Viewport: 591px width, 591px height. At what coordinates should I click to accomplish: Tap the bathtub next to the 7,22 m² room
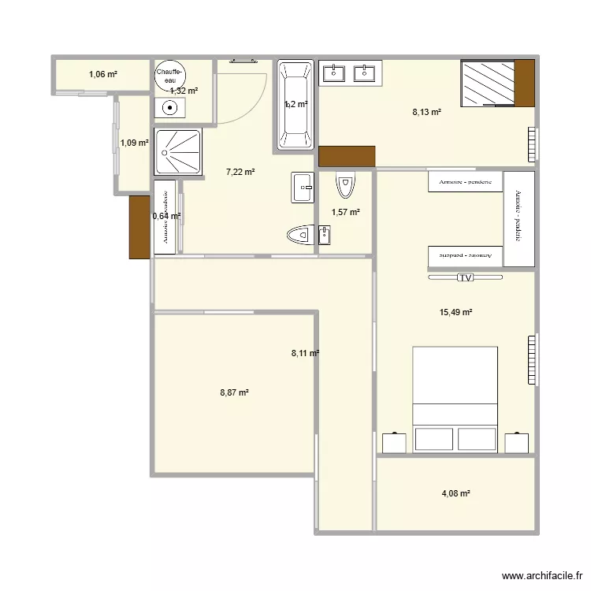coord(295,105)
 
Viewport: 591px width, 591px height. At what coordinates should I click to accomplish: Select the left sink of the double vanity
coord(333,74)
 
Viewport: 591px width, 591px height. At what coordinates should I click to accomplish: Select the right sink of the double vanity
coord(365,74)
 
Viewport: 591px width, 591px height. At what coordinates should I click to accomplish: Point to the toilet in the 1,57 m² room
coord(344,185)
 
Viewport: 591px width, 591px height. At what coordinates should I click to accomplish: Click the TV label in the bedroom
coord(465,277)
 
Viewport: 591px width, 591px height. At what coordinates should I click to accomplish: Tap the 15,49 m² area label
coord(455,312)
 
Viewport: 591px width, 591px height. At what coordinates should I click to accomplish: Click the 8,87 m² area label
coord(234,392)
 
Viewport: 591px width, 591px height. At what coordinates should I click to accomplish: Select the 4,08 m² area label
coord(455,494)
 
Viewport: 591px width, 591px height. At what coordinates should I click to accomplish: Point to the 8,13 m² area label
coord(426,112)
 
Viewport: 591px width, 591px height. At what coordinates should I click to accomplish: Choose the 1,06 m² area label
coord(103,75)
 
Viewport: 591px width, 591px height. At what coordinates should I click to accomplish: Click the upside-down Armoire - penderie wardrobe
coord(465,256)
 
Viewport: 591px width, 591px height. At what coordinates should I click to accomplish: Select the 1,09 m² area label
coord(134,143)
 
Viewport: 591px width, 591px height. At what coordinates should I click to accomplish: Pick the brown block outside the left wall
coord(139,227)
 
